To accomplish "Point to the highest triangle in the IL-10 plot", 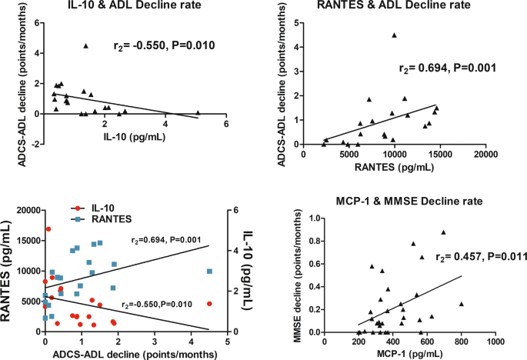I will point(86,45).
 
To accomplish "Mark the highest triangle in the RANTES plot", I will point(395,35).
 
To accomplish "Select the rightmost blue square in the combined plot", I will point(209,271).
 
